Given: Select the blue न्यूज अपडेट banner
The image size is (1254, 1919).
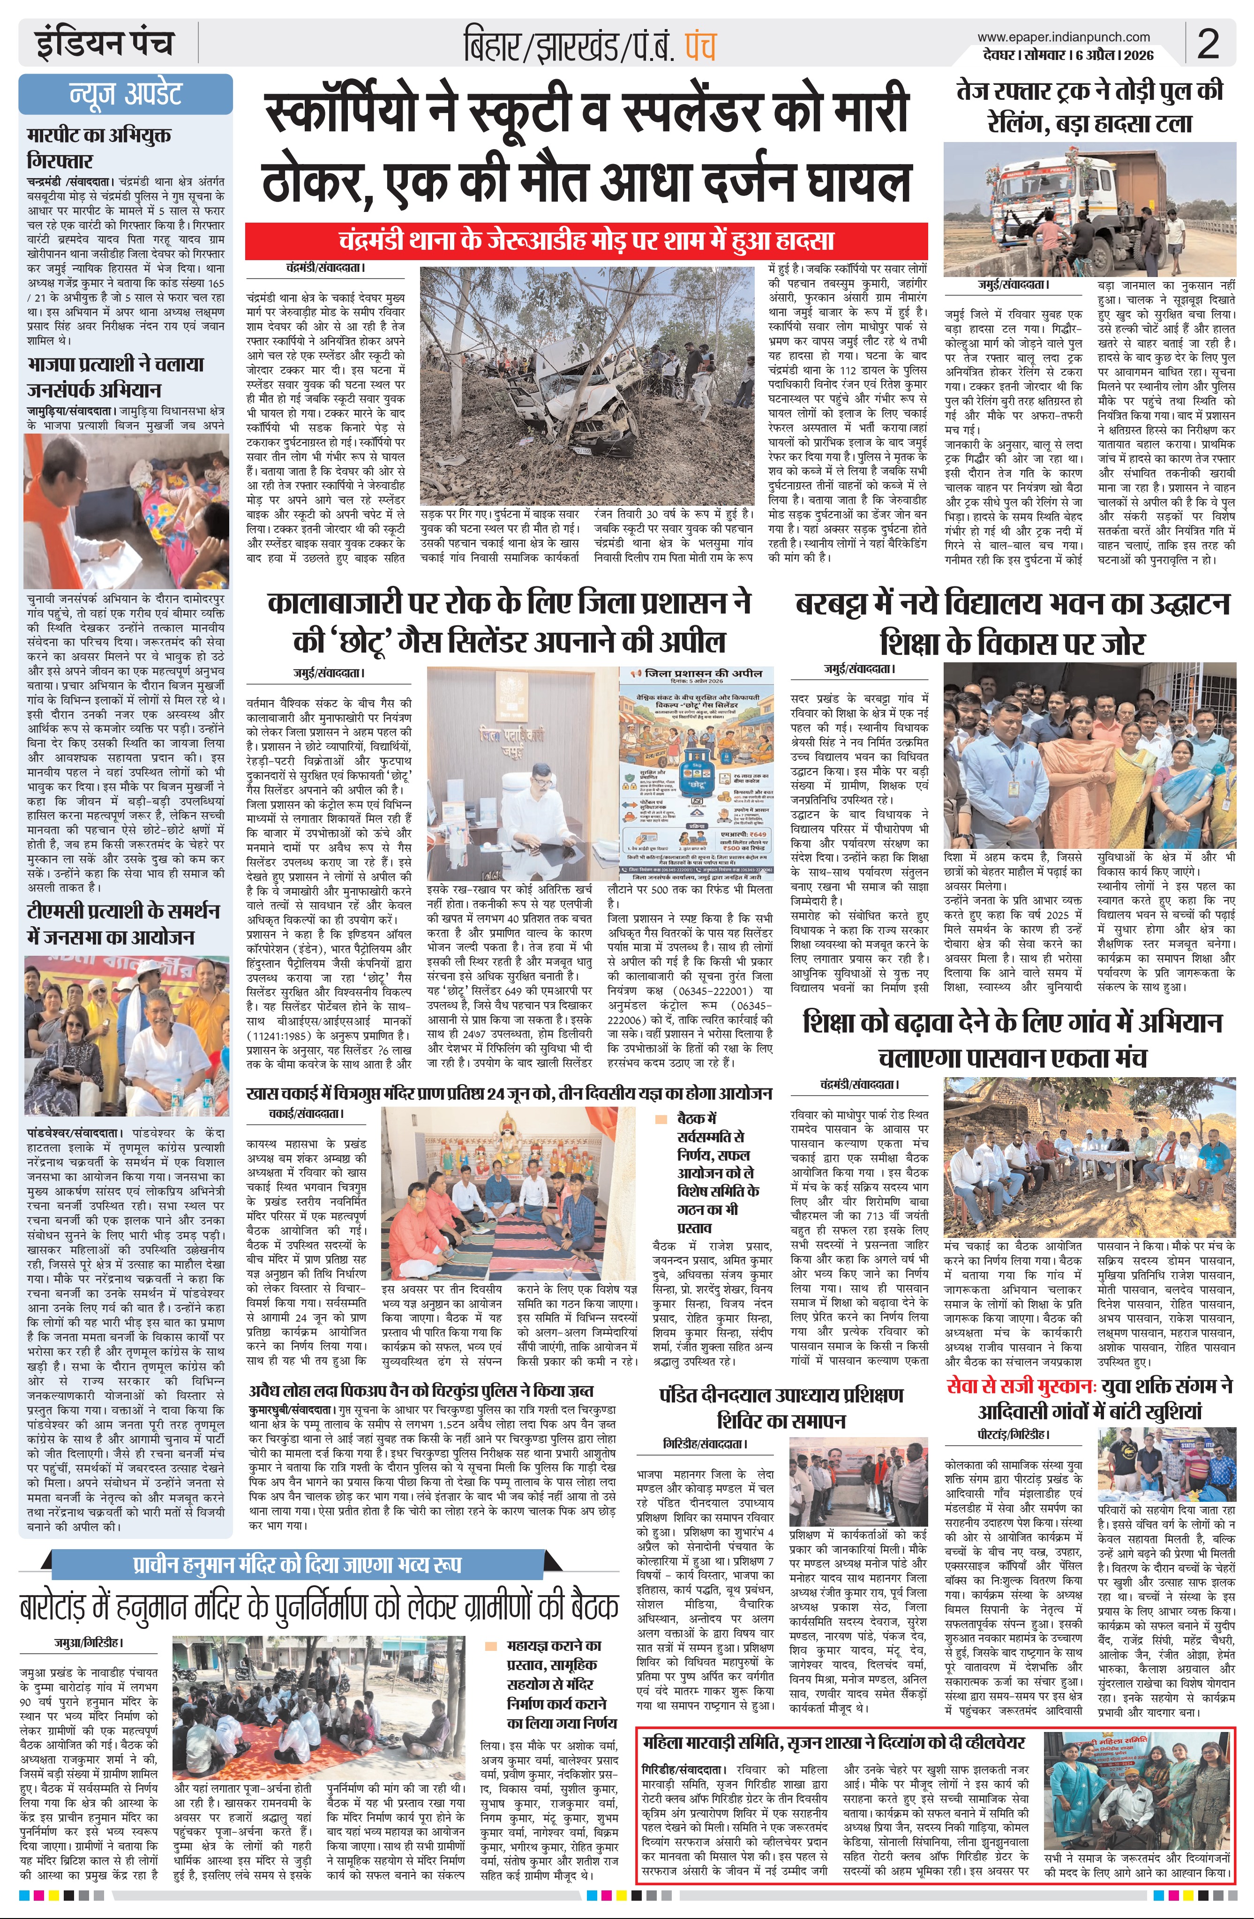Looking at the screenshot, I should (x=126, y=94).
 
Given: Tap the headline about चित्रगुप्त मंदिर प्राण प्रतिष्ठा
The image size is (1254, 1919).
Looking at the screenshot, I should (x=510, y=1094).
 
